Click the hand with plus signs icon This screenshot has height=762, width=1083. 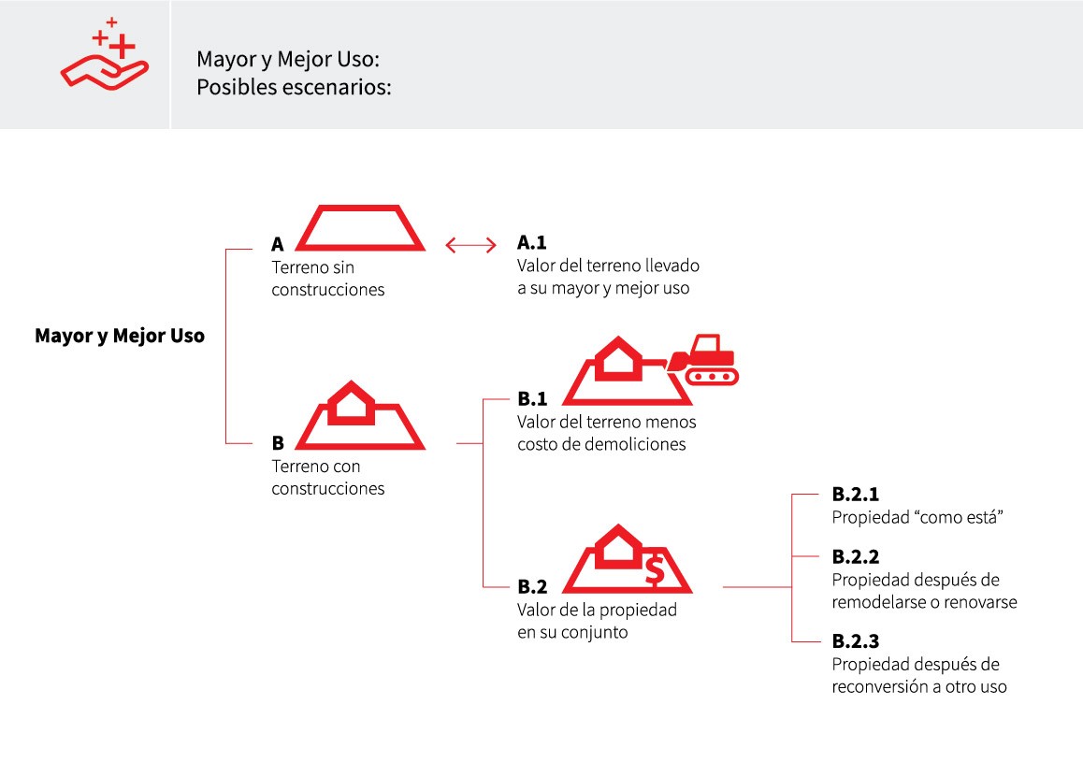pyautogui.click(x=105, y=54)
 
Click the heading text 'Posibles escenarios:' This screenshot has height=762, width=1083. pyautogui.click(x=294, y=88)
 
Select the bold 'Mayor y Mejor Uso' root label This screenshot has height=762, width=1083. pyautogui.click(x=120, y=337)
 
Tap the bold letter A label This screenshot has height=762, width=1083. pyautogui.click(x=278, y=244)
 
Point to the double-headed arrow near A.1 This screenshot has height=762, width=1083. pyautogui.click(x=471, y=244)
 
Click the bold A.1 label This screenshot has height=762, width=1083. pyautogui.click(x=532, y=242)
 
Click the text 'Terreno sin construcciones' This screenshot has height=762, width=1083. pyautogui.click(x=328, y=279)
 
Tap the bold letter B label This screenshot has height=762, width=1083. pyautogui.click(x=278, y=443)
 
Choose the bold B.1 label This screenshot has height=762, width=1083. pyautogui.click(x=532, y=399)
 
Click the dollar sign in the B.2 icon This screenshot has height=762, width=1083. pyautogui.click(x=655, y=570)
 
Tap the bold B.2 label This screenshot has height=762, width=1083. pyautogui.click(x=532, y=586)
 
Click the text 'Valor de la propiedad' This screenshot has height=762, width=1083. pyautogui.click(x=597, y=611)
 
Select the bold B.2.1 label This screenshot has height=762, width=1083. pyautogui.click(x=856, y=495)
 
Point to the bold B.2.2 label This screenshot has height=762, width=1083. pyautogui.click(x=856, y=557)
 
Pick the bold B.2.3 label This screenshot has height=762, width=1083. pyautogui.click(x=856, y=641)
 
